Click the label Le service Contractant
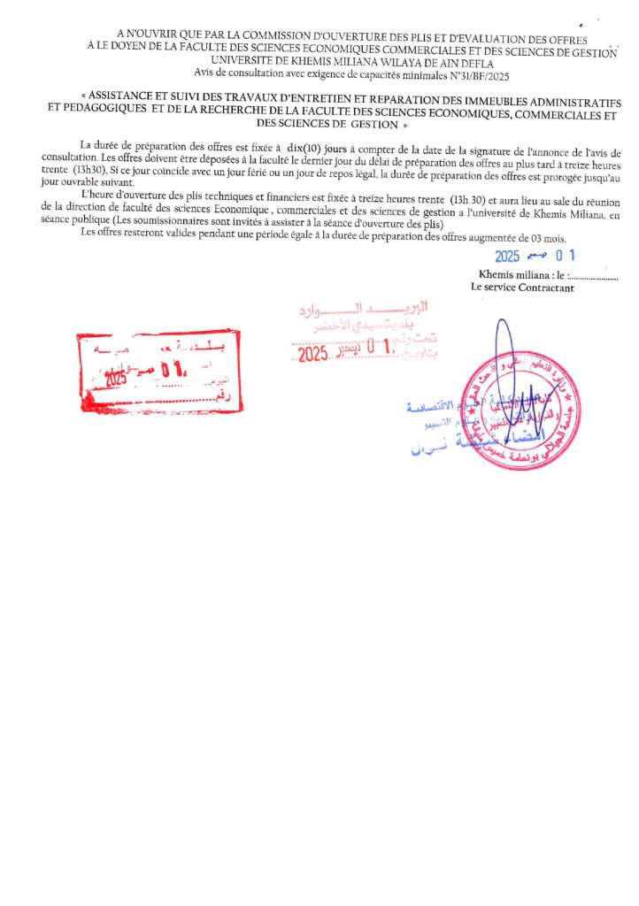coord(522,288)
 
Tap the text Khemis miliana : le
coord(520,275)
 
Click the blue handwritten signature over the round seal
coord(505,363)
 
